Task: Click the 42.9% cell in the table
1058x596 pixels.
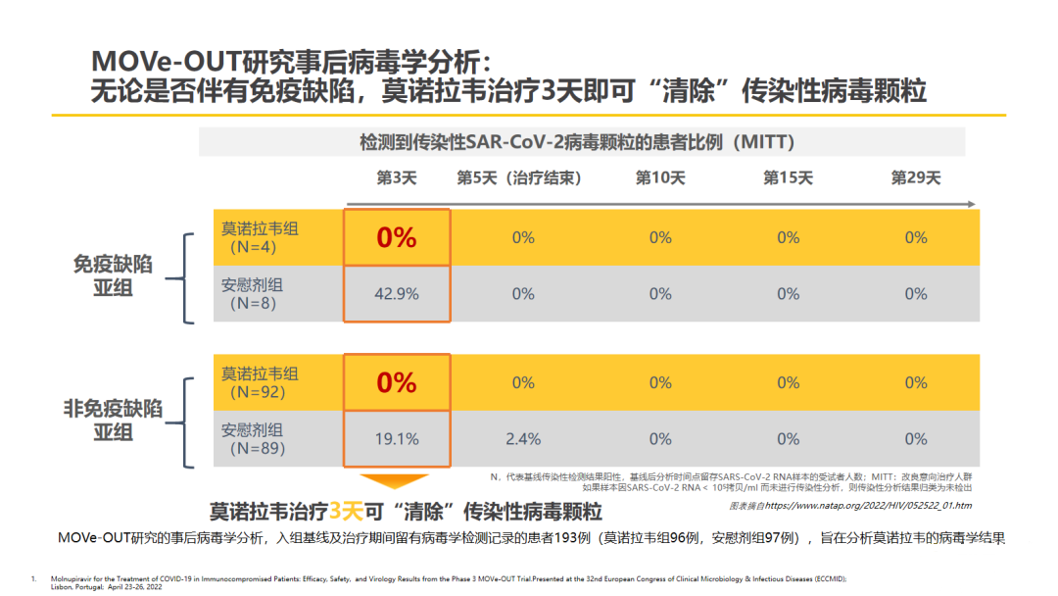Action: (396, 293)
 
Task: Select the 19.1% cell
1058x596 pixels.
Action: (396, 438)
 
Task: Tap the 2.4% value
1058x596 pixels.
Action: (523, 438)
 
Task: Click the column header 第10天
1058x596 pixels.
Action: (660, 177)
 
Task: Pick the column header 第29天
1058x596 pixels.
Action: (915, 177)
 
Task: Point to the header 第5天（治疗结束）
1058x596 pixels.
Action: (519, 177)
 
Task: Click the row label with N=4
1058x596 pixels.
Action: (259, 237)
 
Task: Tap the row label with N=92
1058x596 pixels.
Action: (259, 382)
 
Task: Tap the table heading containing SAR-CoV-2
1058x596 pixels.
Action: (576, 142)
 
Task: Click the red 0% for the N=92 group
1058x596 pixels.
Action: (396, 382)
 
